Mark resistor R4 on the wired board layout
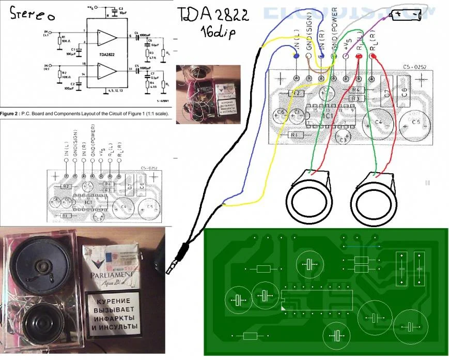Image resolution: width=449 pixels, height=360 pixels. coord(354,90)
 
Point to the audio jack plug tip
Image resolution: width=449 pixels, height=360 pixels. coord(171,269)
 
